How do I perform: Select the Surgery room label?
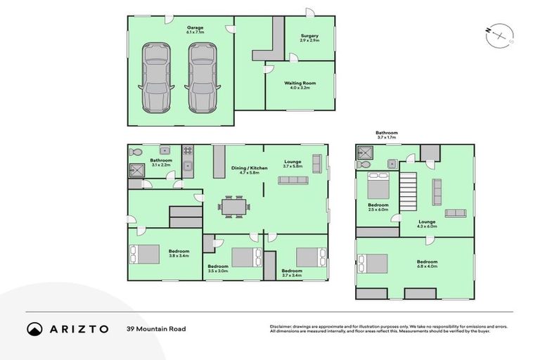tap(309, 38)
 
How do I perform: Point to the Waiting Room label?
tap(300, 85)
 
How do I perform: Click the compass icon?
tap(500, 34)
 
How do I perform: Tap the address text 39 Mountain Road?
tap(155, 328)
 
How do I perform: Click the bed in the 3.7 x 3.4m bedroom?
tap(311, 257)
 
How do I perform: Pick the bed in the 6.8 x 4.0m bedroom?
tap(373, 263)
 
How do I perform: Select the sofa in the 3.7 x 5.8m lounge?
tap(293, 180)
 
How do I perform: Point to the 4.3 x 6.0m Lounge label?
tap(427, 224)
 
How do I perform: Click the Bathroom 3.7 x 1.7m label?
tap(386, 135)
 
